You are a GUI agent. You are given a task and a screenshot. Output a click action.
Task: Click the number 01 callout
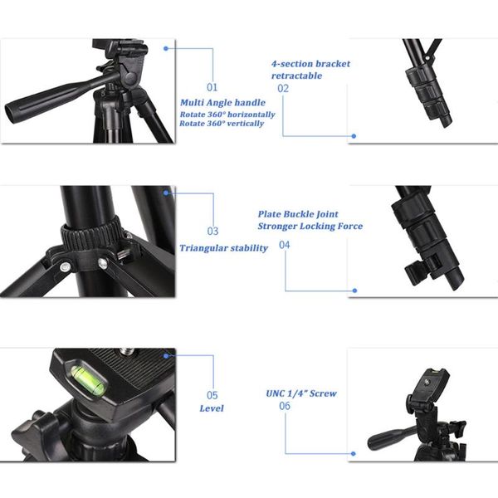tap(212, 86)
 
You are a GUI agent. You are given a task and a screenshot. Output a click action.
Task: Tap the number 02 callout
tap(283, 88)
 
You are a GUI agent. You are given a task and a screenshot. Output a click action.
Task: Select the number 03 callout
tap(212, 232)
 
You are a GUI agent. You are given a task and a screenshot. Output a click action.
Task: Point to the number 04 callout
tap(285, 245)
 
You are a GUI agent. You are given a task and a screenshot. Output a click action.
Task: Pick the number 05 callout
tap(212, 395)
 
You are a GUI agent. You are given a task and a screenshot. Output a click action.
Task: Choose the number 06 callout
tap(285, 406)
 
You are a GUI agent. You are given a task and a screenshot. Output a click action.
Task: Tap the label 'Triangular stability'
tap(223, 248)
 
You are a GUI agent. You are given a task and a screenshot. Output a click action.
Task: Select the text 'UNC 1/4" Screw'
tap(301, 393)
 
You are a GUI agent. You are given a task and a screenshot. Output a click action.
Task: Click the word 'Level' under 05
tap(212, 408)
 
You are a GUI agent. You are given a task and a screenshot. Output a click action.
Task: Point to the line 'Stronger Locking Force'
tap(310, 226)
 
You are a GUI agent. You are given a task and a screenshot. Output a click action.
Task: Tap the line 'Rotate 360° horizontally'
tap(227, 114)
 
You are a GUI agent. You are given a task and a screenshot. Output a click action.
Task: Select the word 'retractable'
tap(296, 76)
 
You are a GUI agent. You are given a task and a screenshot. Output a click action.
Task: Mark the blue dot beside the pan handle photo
tap(166, 48)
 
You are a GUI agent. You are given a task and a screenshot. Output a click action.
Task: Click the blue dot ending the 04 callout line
tap(354, 290)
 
